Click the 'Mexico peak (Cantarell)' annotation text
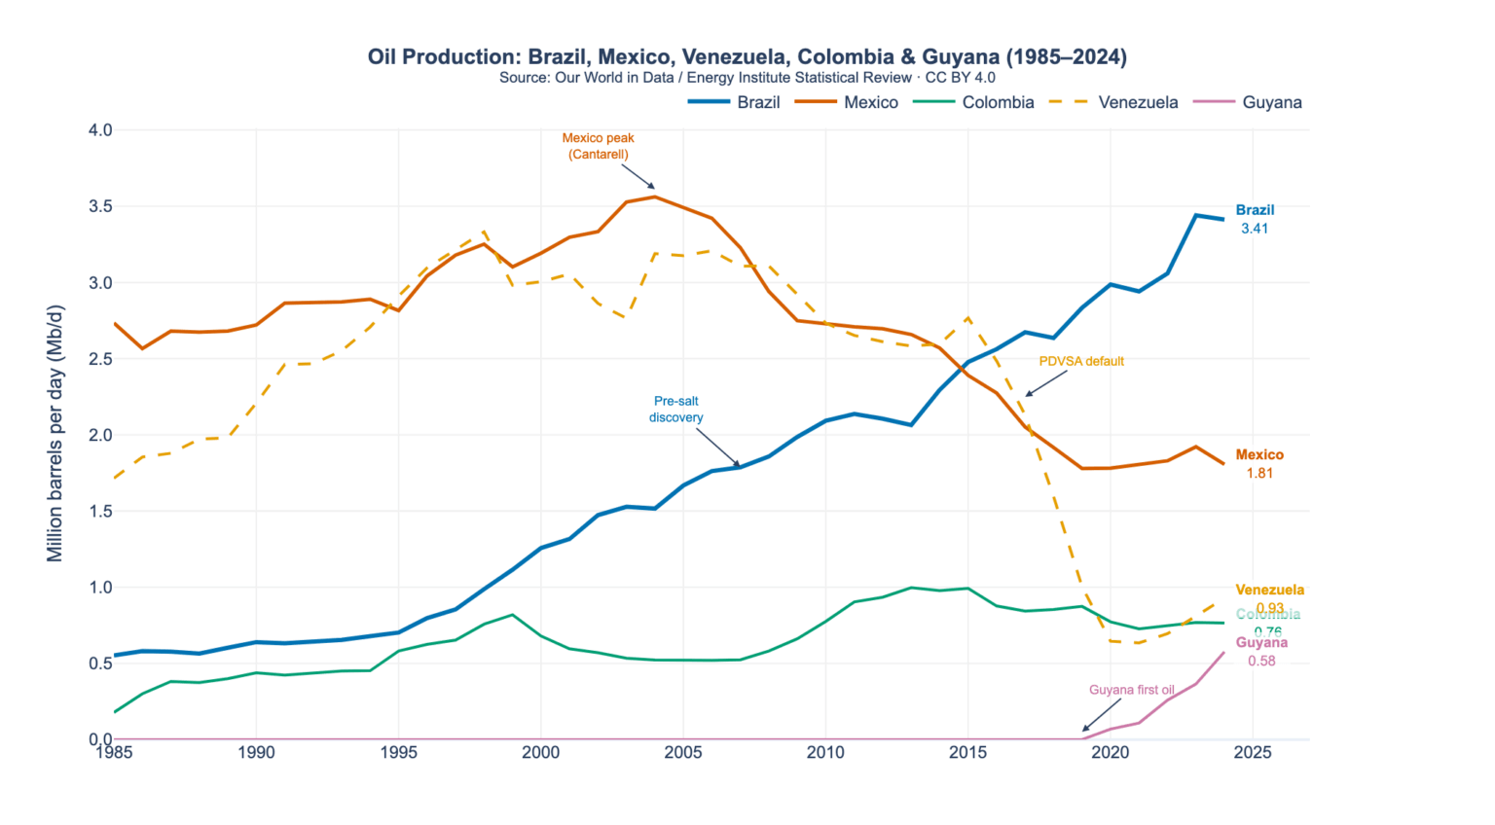pos(598,146)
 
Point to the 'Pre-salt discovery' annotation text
pos(675,409)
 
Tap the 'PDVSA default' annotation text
pos(1080,361)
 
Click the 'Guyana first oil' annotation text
pos(1131,690)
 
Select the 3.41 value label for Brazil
pos(1254,229)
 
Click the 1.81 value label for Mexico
pos(1259,473)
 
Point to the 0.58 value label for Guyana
pos(1261,661)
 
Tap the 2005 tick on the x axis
pos(682,752)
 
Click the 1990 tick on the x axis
pos(256,752)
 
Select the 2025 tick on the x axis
pos(1252,752)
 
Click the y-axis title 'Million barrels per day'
pos(55,433)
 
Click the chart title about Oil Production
pos(747,56)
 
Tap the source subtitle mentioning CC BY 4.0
pos(747,78)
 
